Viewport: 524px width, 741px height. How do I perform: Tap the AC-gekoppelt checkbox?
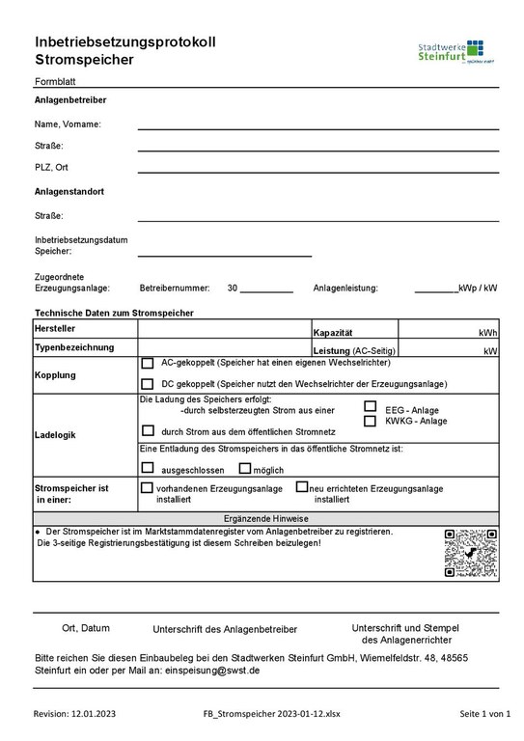(x=148, y=364)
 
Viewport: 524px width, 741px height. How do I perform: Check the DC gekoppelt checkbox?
(x=148, y=384)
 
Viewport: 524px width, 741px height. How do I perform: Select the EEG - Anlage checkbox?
(x=370, y=407)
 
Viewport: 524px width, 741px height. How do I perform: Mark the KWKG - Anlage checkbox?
(x=370, y=421)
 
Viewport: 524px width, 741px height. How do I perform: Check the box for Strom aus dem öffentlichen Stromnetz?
(x=148, y=430)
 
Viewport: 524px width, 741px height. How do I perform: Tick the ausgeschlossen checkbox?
(x=148, y=468)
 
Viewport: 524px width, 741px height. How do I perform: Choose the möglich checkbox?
(x=244, y=468)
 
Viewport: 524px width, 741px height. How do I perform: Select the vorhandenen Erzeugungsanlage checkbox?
(x=148, y=489)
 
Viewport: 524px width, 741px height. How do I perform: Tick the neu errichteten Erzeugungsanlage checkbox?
(x=302, y=488)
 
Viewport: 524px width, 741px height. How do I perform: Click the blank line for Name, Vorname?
(x=317, y=127)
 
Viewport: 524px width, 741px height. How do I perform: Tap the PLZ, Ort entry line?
(x=317, y=171)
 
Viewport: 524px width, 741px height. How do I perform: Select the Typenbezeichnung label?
(x=74, y=346)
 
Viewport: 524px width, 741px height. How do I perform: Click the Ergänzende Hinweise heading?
(x=265, y=518)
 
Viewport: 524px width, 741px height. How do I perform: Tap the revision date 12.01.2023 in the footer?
(x=93, y=714)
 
